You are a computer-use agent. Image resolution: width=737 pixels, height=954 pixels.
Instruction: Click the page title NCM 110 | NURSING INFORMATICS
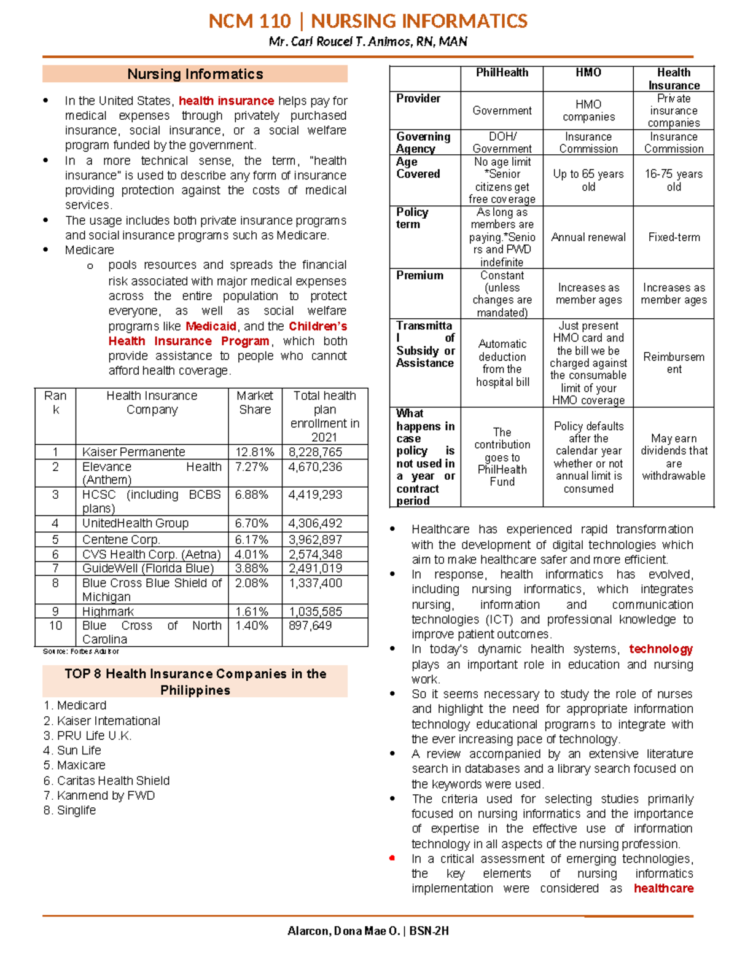(x=367, y=21)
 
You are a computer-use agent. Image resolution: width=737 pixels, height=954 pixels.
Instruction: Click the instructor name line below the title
(x=367, y=42)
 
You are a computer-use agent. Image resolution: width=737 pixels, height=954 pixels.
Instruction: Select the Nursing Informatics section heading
(x=195, y=74)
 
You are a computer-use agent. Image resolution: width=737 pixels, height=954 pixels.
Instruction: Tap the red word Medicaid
(x=211, y=326)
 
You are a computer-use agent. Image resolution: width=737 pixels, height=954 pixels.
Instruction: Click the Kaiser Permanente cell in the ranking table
(x=133, y=452)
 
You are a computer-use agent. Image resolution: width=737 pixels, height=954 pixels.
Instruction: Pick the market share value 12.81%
(x=254, y=452)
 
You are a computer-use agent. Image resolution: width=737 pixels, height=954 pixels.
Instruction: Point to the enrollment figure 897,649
(x=310, y=625)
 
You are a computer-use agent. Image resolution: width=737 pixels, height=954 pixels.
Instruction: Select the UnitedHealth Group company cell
(x=135, y=523)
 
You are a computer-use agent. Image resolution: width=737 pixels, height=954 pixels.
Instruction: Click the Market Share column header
(x=255, y=402)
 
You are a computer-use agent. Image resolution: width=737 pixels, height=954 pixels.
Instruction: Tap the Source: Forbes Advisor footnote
(x=80, y=651)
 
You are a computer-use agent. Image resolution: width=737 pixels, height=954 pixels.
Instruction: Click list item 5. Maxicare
(x=74, y=765)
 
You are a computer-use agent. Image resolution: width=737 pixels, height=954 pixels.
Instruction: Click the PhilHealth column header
(x=502, y=72)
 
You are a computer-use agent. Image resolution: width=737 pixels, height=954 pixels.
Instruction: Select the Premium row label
(x=419, y=275)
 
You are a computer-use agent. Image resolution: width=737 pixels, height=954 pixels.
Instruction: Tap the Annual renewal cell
(x=588, y=237)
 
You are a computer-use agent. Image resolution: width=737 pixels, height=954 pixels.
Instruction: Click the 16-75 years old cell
(x=673, y=180)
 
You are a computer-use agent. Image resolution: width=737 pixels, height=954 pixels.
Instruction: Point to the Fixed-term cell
(x=674, y=237)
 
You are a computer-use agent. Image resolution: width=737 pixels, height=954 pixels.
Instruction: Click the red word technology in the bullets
(x=660, y=649)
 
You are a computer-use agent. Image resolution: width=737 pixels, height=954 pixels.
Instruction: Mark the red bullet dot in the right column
(x=392, y=858)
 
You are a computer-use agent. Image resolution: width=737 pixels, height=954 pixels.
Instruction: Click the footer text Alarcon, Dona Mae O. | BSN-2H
(x=368, y=931)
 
